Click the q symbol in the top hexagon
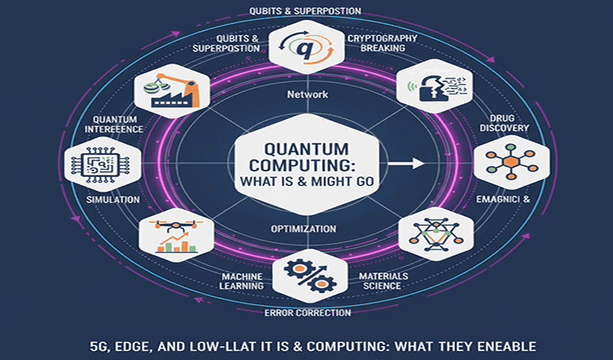point(306,48)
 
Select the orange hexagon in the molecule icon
point(510,161)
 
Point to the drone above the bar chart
point(175,225)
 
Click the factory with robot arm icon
point(169,93)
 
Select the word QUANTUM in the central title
point(305,149)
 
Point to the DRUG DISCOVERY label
point(508,123)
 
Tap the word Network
point(307,94)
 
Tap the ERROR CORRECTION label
point(308,313)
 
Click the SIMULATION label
point(114,199)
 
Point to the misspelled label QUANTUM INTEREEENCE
point(114,123)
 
